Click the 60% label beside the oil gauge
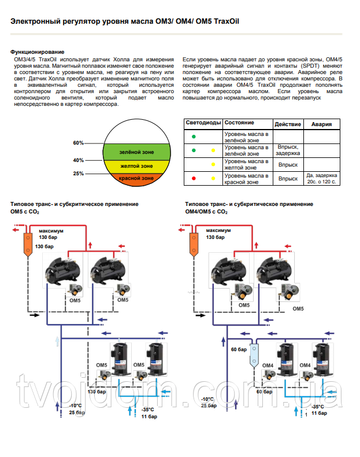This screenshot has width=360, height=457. (x=78, y=143)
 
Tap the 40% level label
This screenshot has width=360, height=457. (x=78, y=160)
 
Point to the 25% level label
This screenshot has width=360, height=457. (x=78, y=174)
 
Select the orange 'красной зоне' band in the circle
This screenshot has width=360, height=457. (x=136, y=178)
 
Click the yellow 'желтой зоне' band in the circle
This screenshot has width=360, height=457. (x=136, y=166)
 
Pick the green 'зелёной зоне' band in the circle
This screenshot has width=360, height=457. (x=136, y=152)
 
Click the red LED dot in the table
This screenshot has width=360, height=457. (x=194, y=178)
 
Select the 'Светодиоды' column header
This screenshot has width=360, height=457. (x=203, y=123)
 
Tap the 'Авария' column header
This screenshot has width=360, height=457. (x=322, y=124)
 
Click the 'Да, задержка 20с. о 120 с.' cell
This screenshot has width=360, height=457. (x=322, y=179)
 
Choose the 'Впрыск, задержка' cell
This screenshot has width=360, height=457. (x=288, y=150)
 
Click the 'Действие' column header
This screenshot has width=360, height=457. (x=288, y=124)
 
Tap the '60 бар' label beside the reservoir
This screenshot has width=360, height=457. (x=239, y=349)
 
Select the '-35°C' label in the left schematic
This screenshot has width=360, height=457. (x=147, y=410)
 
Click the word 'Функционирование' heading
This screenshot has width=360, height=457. (x=37, y=52)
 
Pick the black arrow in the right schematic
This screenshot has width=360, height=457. (x=201, y=315)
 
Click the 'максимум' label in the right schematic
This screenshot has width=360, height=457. (x=218, y=230)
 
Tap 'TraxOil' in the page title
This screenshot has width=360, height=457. (x=227, y=21)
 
